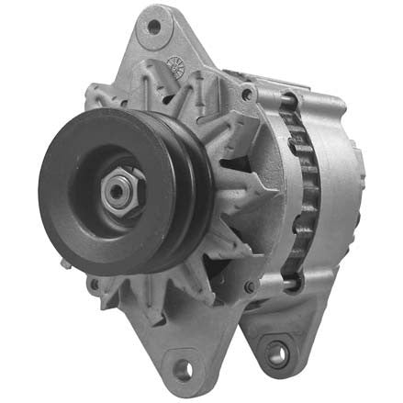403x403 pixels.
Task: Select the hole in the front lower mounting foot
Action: [x=182, y=369]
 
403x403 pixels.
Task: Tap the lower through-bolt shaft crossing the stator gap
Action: [x=275, y=292]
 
